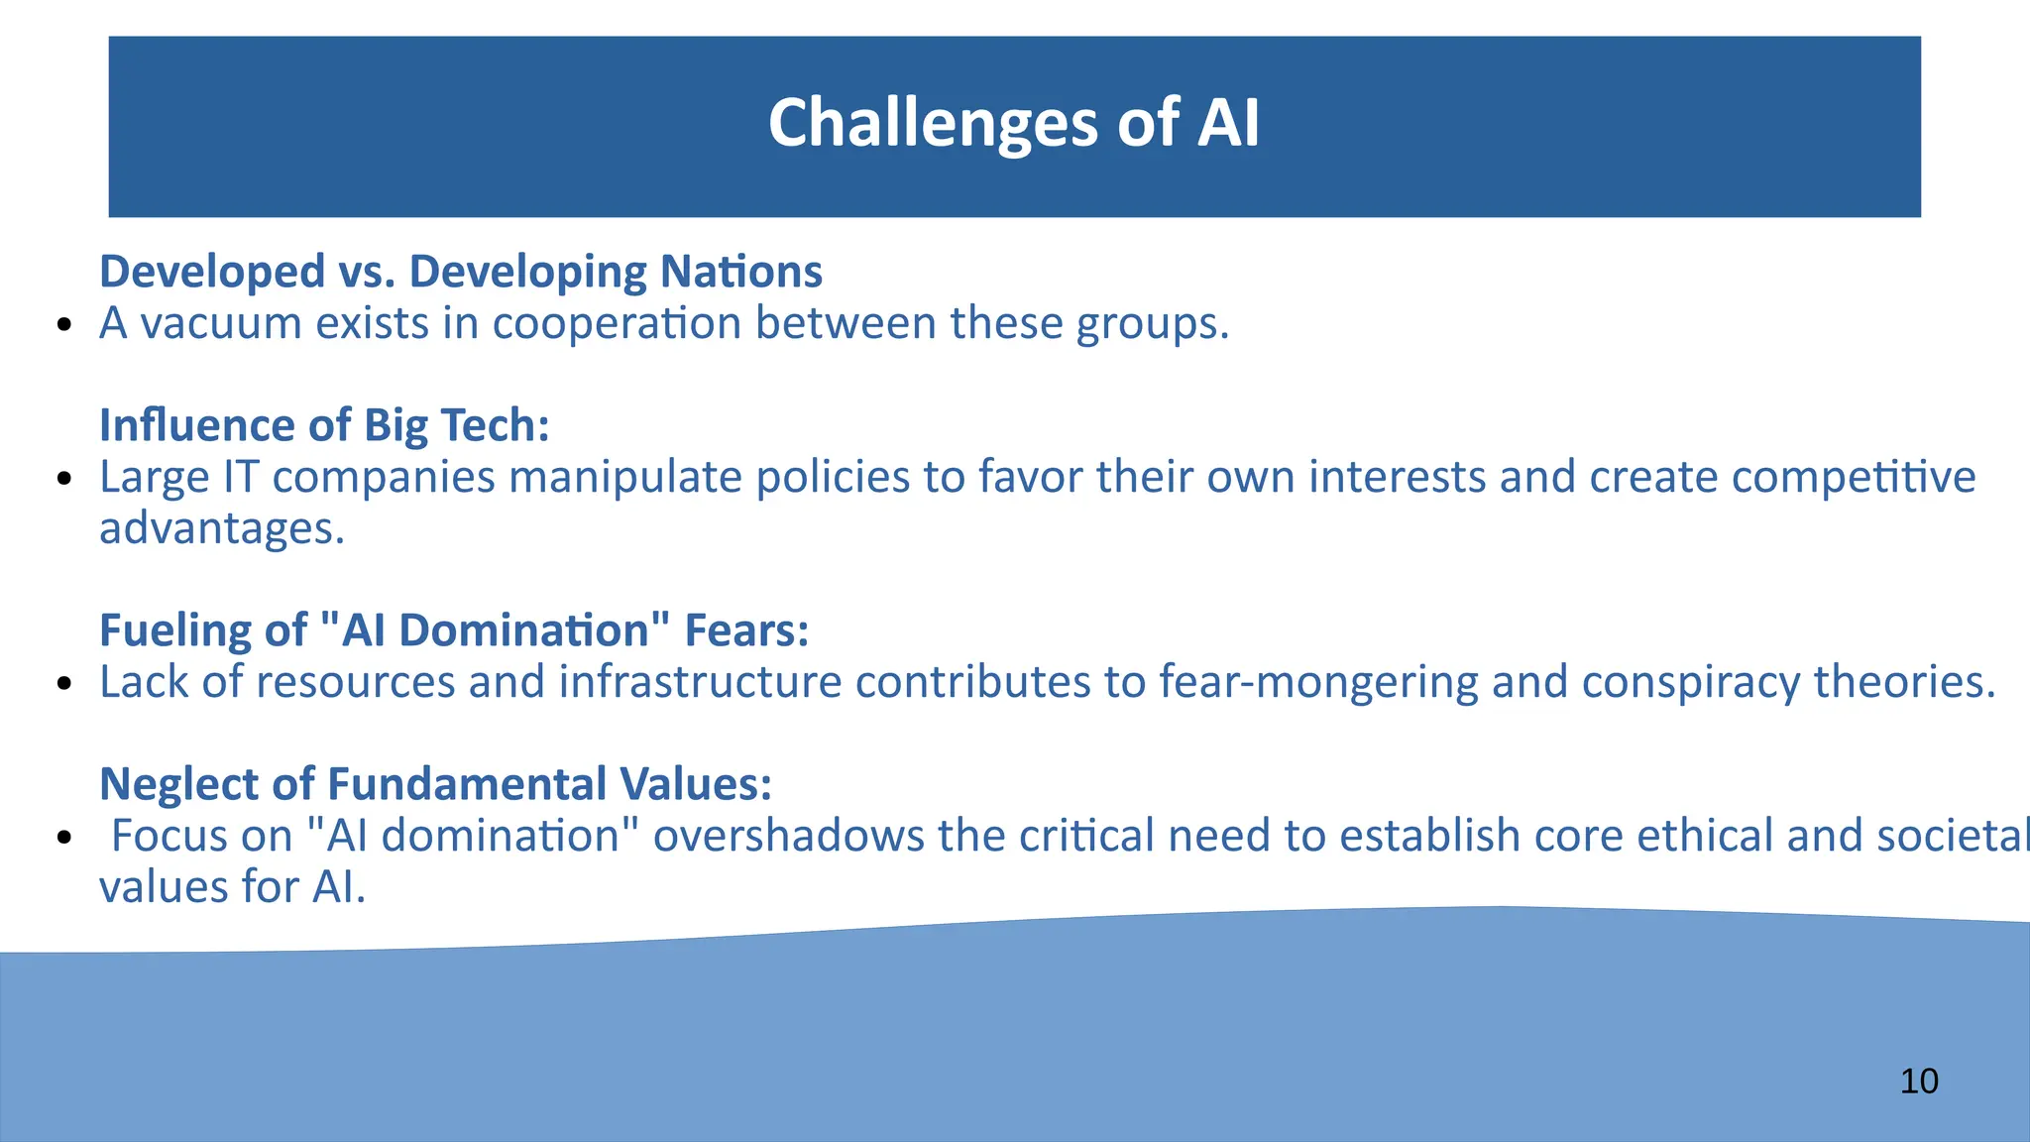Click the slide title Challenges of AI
pos(1013,123)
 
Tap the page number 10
pos(1919,1081)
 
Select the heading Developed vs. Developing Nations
pos(461,272)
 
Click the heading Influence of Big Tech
pos(324,425)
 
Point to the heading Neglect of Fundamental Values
pos(435,784)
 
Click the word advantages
pos(221,528)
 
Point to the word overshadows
pos(788,836)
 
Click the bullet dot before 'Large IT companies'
pos(64,480)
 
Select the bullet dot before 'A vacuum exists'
pos(64,326)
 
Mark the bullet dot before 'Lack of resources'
pos(64,685)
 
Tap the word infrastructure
pos(700,682)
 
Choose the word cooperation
pos(617,323)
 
